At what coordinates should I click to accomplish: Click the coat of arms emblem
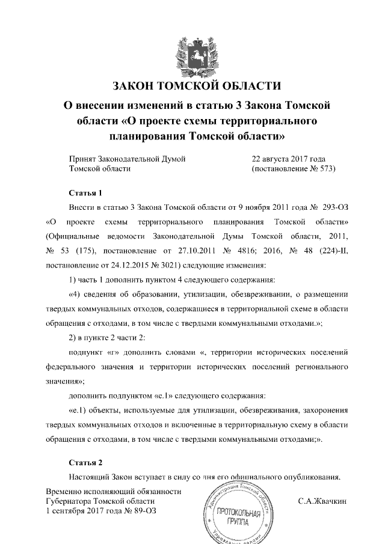point(192,53)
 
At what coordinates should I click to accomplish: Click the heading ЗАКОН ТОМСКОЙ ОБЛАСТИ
point(192,85)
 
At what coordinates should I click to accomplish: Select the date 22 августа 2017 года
point(288,159)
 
